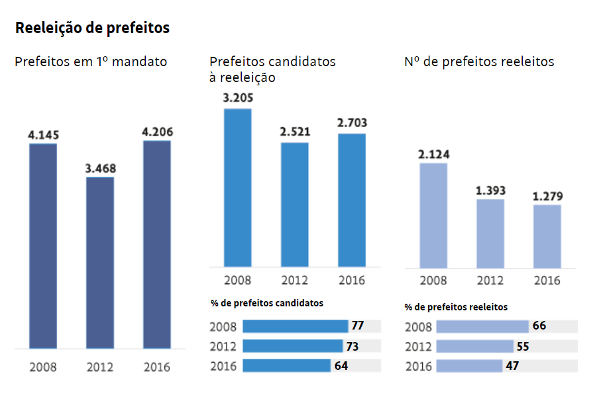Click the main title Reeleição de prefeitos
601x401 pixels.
(x=92, y=28)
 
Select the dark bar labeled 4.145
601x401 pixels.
(x=43, y=246)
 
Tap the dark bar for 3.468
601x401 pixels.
(x=100, y=263)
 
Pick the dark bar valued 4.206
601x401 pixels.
(x=157, y=244)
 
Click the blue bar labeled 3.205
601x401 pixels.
(x=238, y=187)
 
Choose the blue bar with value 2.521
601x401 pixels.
(x=295, y=204)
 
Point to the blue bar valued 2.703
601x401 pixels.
(x=352, y=200)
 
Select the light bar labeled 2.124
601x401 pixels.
(x=433, y=216)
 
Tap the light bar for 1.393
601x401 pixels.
(x=490, y=234)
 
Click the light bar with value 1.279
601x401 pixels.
(x=547, y=236)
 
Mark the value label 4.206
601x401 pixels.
(x=158, y=132)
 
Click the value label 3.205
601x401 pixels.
(x=238, y=98)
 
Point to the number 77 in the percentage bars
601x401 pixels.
(x=358, y=326)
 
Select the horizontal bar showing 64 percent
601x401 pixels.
(x=287, y=365)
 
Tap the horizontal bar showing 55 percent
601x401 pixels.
(x=475, y=346)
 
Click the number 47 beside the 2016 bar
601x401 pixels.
(x=512, y=366)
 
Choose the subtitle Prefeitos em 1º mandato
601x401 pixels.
(x=91, y=62)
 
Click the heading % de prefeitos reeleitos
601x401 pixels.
(x=456, y=307)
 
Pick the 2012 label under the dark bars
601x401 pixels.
(x=100, y=367)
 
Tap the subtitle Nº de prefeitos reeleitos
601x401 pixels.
(x=480, y=62)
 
